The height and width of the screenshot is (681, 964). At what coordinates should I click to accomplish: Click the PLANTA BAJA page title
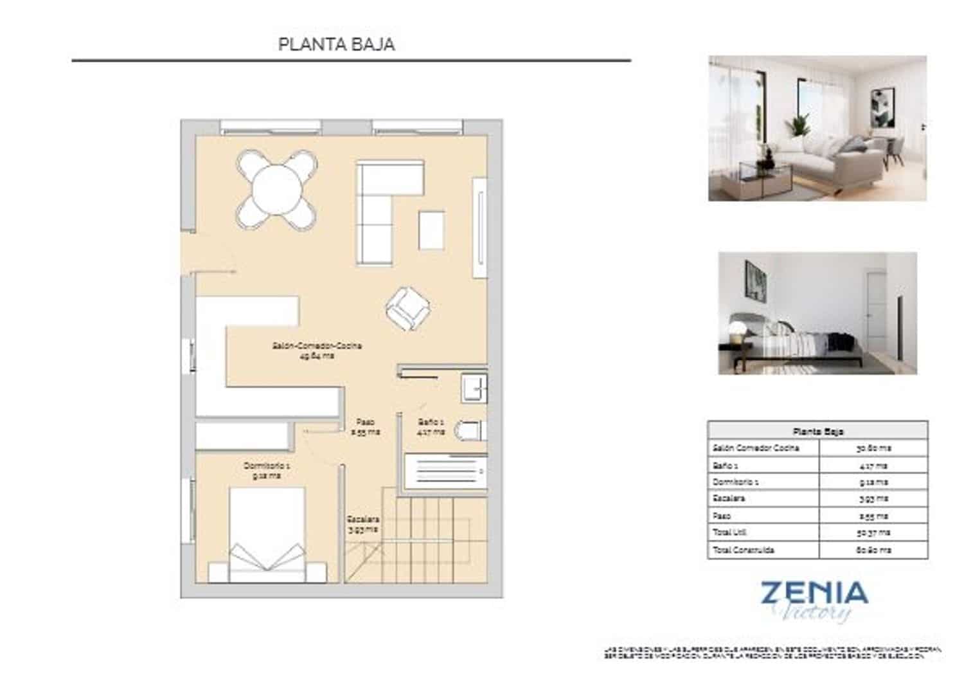coord(336,44)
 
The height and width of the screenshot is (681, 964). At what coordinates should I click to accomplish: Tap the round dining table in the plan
coord(277,190)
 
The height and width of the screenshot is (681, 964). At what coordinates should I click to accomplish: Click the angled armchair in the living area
coord(407,308)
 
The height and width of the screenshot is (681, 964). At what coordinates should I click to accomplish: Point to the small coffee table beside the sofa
coord(431,230)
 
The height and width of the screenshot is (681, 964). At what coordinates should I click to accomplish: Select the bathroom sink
coord(474,388)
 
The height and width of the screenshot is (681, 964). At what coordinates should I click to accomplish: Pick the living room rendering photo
coord(817,128)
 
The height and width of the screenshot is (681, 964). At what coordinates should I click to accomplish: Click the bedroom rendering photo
coord(817,313)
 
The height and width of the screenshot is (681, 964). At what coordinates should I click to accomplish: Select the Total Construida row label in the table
coord(744,550)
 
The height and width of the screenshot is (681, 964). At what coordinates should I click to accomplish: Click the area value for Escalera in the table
coord(873,498)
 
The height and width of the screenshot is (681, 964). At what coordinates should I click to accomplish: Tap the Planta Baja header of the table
coord(817,431)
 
